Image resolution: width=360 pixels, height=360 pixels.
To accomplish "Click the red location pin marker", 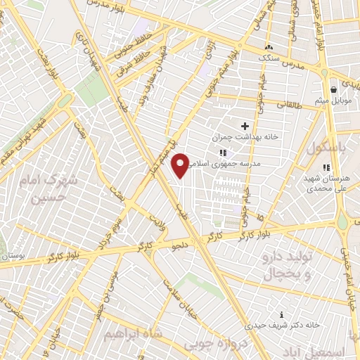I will pyautogui.click(x=182, y=165).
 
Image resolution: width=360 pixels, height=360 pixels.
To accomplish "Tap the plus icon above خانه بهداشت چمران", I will pyautogui.click(x=244, y=125).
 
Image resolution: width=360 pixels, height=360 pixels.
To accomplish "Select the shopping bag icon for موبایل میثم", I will pyautogui.click(x=333, y=90).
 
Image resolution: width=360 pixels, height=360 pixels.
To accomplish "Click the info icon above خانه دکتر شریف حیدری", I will pyautogui.click(x=282, y=314).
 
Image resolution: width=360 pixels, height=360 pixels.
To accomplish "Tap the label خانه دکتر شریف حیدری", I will pyautogui.click(x=282, y=326).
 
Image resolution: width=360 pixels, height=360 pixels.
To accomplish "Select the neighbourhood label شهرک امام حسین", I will pyautogui.click(x=51, y=186).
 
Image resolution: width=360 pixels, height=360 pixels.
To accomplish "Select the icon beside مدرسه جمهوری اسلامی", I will pyautogui.click(x=222, y=153).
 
